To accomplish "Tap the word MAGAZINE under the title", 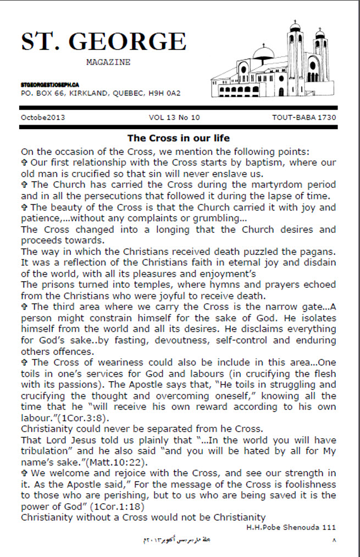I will click(x=108, y=63).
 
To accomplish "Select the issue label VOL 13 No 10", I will click(x=174, y=118).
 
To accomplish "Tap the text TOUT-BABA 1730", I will click(x=304, y=118).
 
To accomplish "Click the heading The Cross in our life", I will click(x=179, y=138).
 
